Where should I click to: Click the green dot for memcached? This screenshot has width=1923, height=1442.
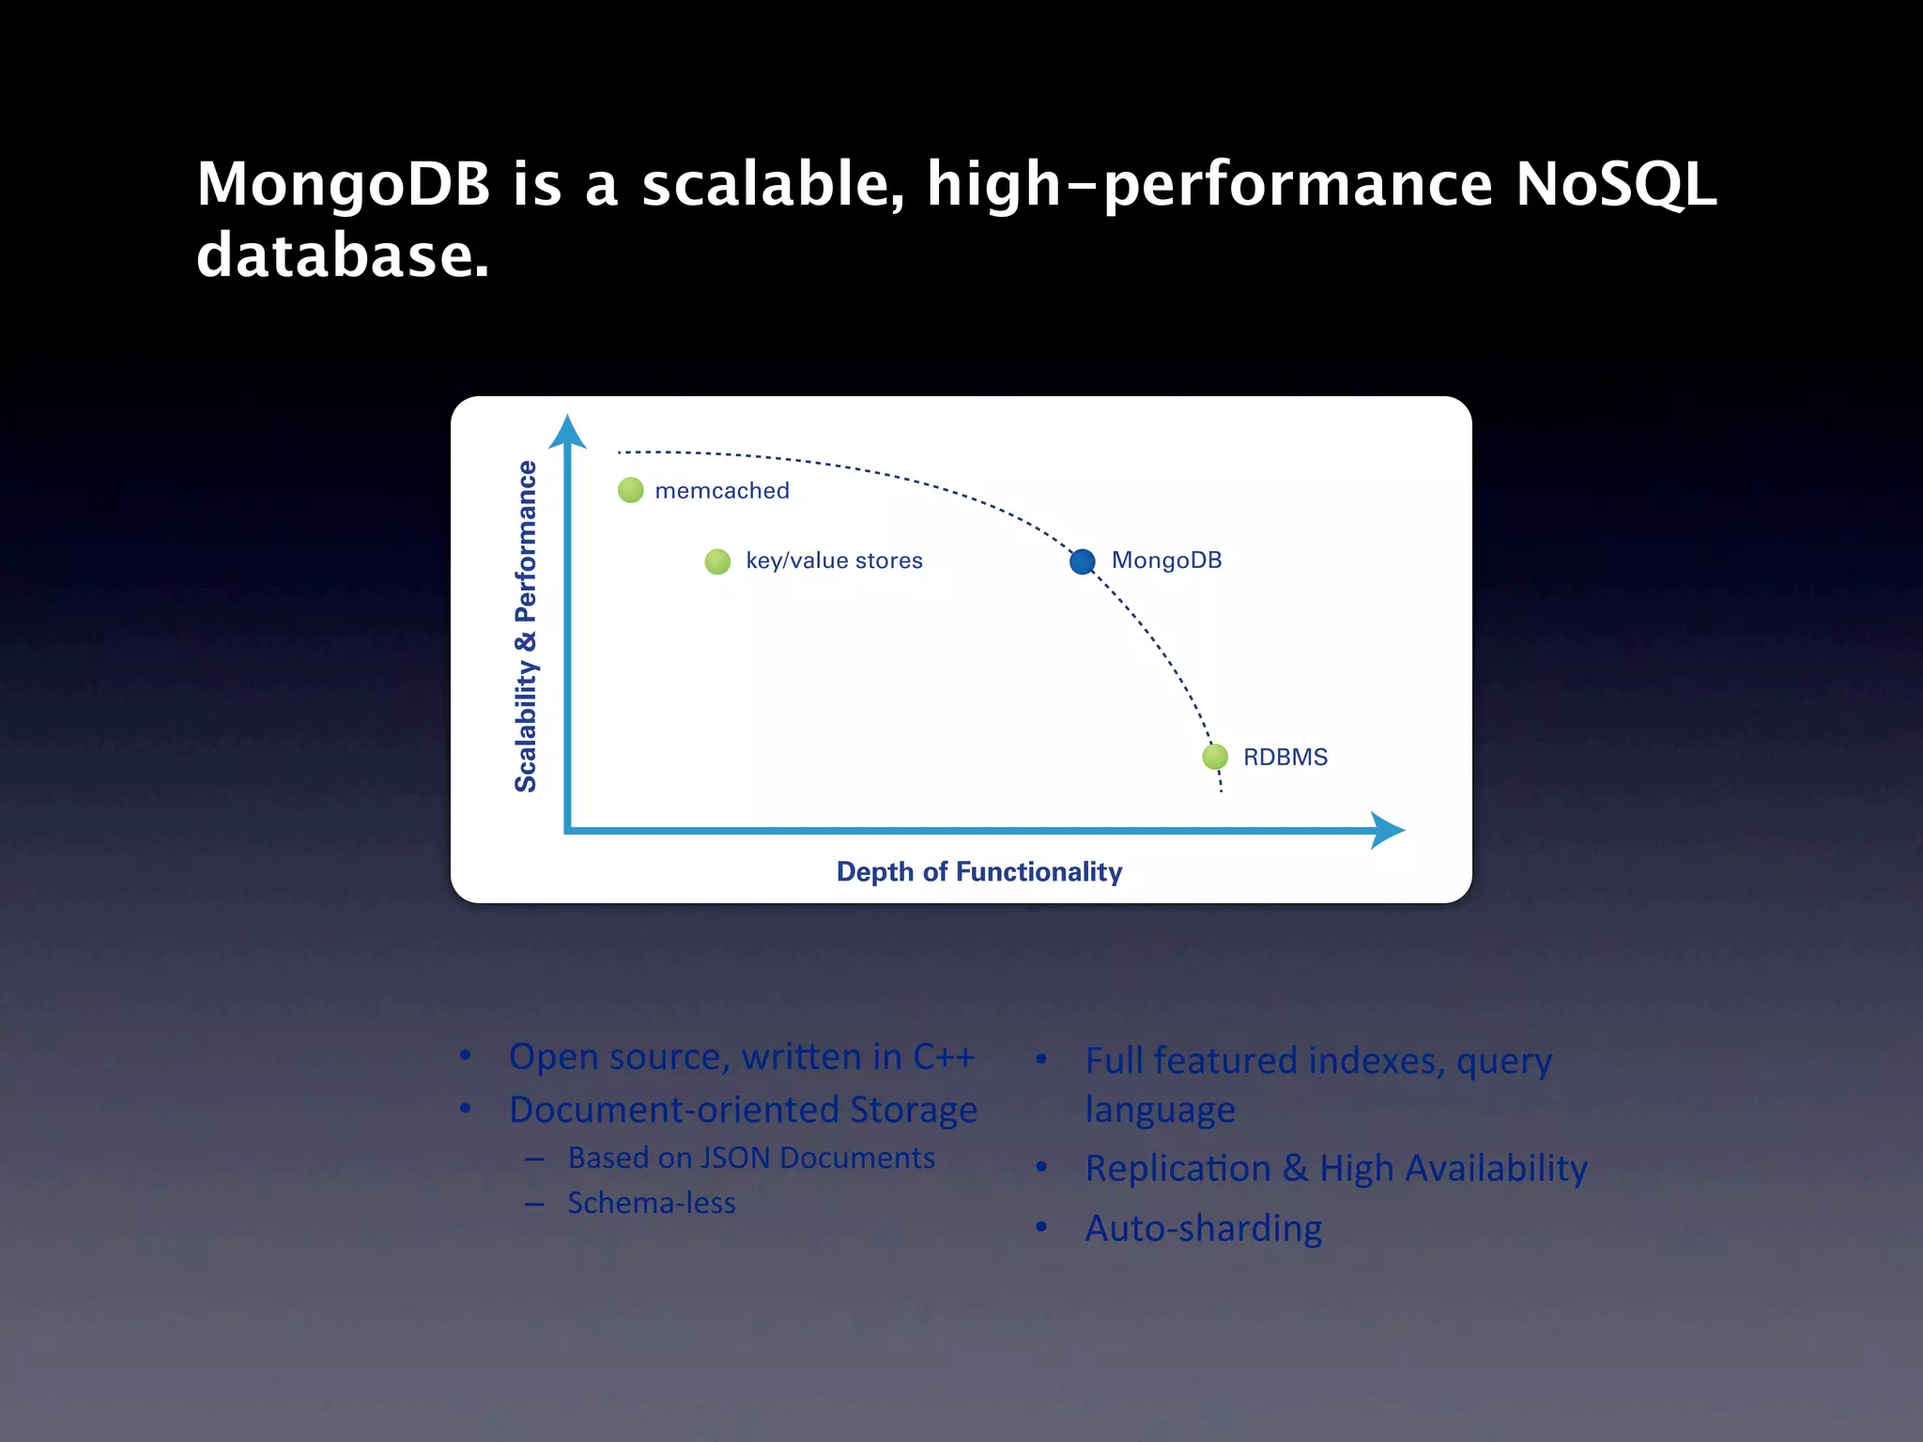(631, 490)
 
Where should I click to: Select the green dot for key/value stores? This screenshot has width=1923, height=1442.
(717, 561)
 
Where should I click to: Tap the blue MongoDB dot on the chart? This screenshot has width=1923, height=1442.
(1083, 561)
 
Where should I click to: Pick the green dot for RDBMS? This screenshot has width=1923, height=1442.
(1215, 757)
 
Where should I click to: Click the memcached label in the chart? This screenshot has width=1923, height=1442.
(722, 491)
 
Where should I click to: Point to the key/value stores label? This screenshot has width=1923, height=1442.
(834, 561)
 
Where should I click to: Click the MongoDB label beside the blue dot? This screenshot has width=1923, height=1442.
(1166, 560)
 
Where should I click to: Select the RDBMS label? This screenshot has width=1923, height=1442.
(1285, 758)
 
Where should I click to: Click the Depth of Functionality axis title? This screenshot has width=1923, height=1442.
(979, 872)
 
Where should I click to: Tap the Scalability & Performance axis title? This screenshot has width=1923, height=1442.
(527, 626)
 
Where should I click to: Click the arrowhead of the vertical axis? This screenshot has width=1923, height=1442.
(567, 432)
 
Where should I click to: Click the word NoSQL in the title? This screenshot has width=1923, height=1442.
(1616, 184)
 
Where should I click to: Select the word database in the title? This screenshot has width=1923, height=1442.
(343, 255)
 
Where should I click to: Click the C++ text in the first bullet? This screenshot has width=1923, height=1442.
(944, 1057)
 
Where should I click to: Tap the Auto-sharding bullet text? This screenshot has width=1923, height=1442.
(1204, 1228)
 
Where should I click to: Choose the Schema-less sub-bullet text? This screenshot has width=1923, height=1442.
(652, 1203)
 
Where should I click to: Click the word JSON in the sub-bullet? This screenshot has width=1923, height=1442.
(736, 1158)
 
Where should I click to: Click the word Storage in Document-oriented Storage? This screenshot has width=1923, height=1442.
(914, 1110)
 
